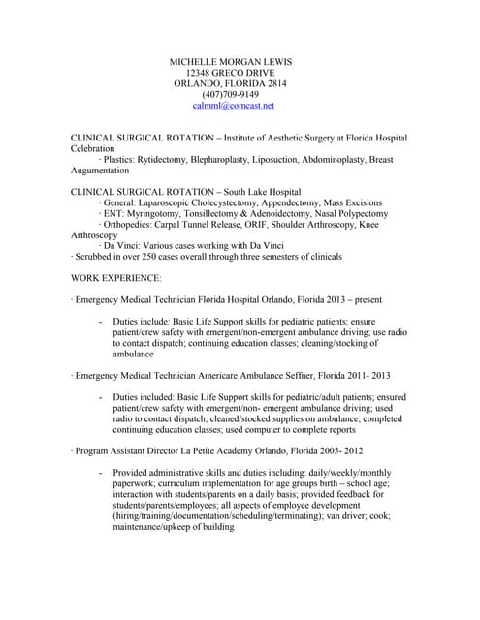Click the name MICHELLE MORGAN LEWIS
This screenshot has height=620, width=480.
(230, 61)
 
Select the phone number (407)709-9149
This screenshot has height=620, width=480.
(231, 94)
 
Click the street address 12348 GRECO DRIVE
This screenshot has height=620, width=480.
(231, 73)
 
